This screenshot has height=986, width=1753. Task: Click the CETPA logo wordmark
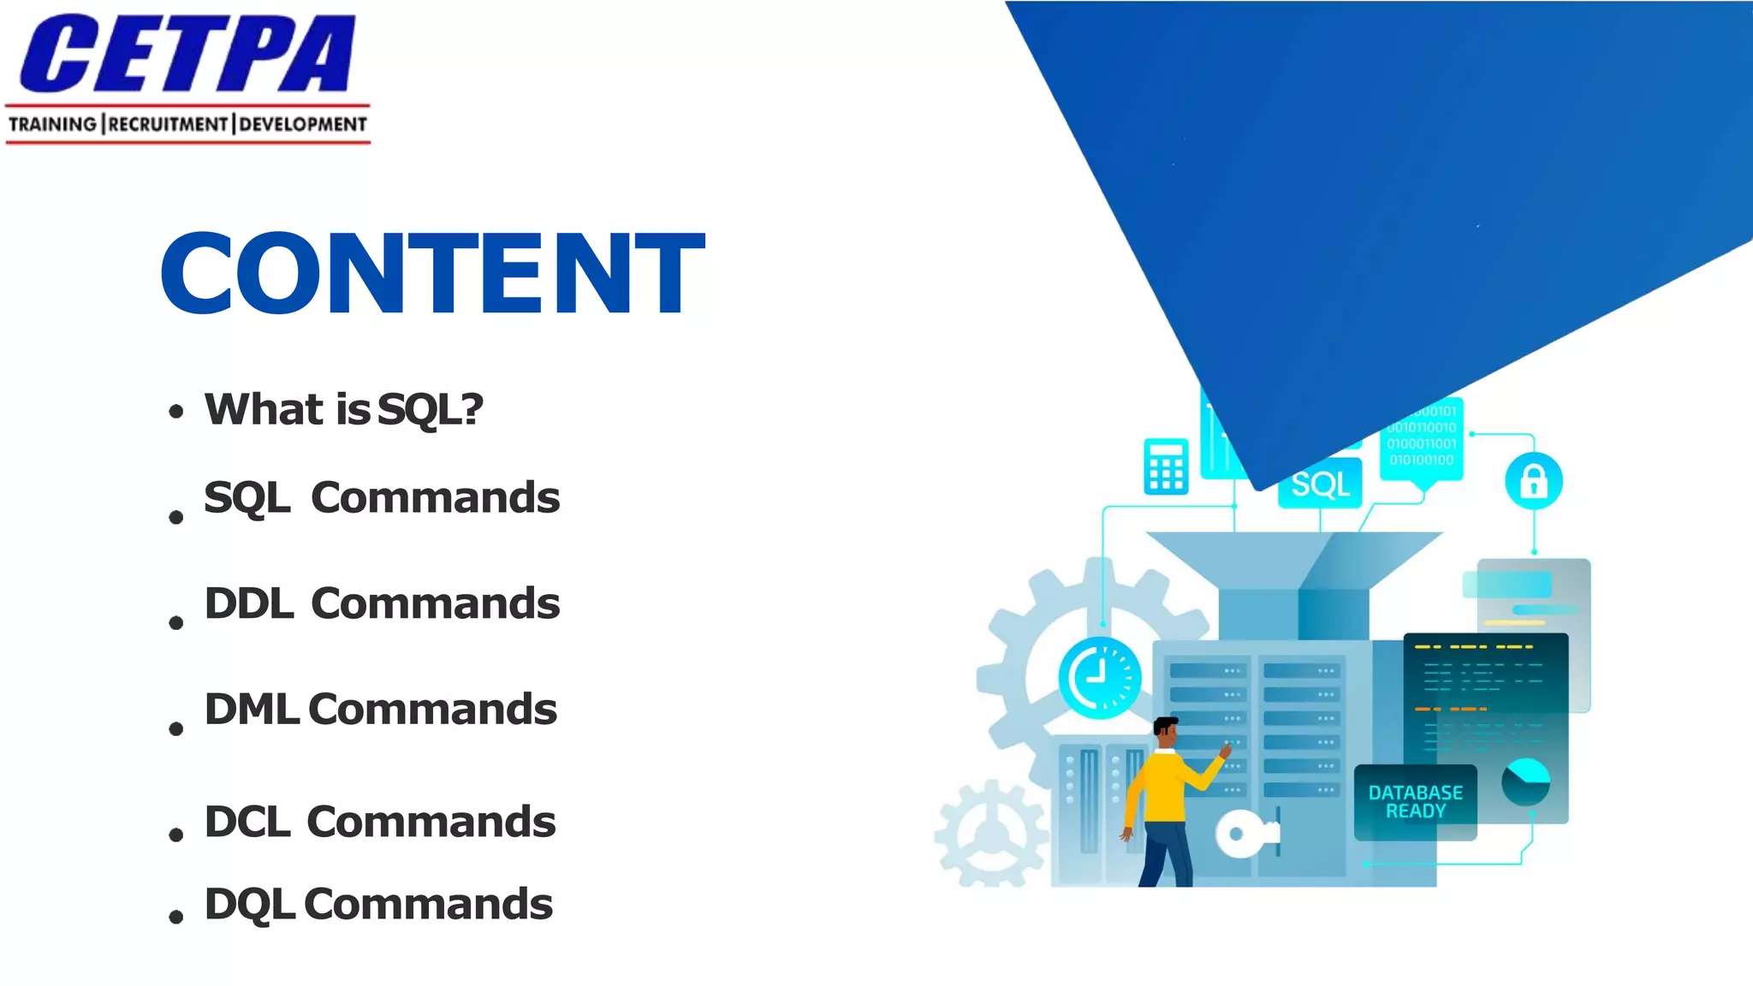187,53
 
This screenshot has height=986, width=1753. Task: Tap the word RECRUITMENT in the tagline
169,125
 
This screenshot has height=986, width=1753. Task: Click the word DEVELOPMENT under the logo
303,125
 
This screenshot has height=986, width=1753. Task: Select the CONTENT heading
432,274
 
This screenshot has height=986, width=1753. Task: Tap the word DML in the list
252,710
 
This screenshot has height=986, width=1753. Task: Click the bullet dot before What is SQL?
176,412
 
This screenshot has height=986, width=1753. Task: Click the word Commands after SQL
435,498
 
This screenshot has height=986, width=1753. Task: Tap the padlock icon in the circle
1533,481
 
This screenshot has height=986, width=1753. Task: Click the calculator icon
1166,466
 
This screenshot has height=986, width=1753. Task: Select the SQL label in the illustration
1321,485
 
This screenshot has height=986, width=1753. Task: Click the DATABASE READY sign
1416,802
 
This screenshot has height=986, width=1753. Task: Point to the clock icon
1100,677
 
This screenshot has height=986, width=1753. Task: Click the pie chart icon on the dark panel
1525,781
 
